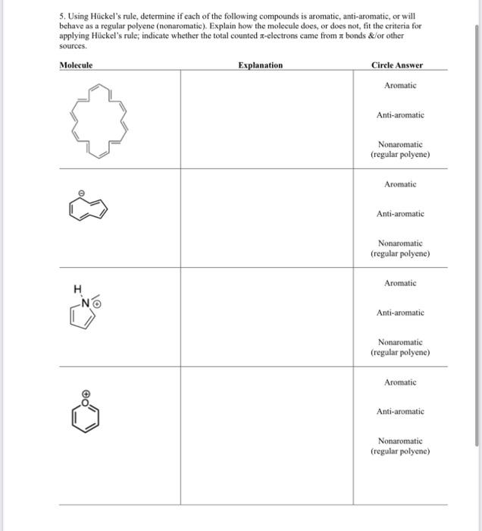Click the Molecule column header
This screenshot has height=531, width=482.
click(76, 65)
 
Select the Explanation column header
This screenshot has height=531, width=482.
click(260, 65)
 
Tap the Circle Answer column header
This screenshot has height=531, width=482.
click(398, 65)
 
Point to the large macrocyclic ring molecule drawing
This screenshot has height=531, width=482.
click(99, 120)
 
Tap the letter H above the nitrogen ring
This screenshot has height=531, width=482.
click(77, 288)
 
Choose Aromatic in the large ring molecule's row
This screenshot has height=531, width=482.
click(400, 86)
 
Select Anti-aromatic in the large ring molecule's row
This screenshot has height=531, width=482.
click(400, 115)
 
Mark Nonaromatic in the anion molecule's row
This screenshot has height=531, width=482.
click(400, 248)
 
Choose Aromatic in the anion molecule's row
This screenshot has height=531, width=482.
click(400, 184)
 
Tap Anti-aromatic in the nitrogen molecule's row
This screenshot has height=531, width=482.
click(400, 313)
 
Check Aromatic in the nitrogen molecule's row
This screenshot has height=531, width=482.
click(400, 283)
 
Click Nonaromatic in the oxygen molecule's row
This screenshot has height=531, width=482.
click(400, 445)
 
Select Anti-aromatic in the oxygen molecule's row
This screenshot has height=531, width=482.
click(400, 411)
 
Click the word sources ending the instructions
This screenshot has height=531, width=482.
click(72, 45)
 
